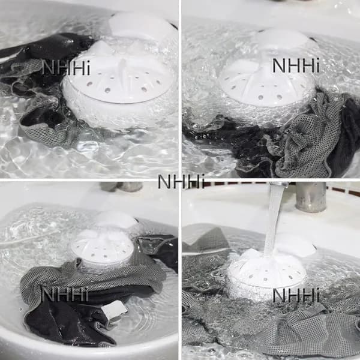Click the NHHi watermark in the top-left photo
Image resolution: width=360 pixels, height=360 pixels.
coord(66,67)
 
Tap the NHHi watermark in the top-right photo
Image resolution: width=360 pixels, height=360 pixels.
coord(296,65)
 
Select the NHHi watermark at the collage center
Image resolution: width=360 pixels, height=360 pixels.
coord(181,181)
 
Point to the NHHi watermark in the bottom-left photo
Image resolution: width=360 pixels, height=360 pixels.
coord(65,295)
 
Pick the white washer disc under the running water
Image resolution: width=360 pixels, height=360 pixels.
coord(266,275)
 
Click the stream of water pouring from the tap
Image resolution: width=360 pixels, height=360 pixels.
coord(274,220)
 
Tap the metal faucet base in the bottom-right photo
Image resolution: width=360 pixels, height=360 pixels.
coord(311,197)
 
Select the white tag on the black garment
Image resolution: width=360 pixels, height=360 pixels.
coord(114,311)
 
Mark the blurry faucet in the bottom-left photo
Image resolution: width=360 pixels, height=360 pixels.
coord(122,187)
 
